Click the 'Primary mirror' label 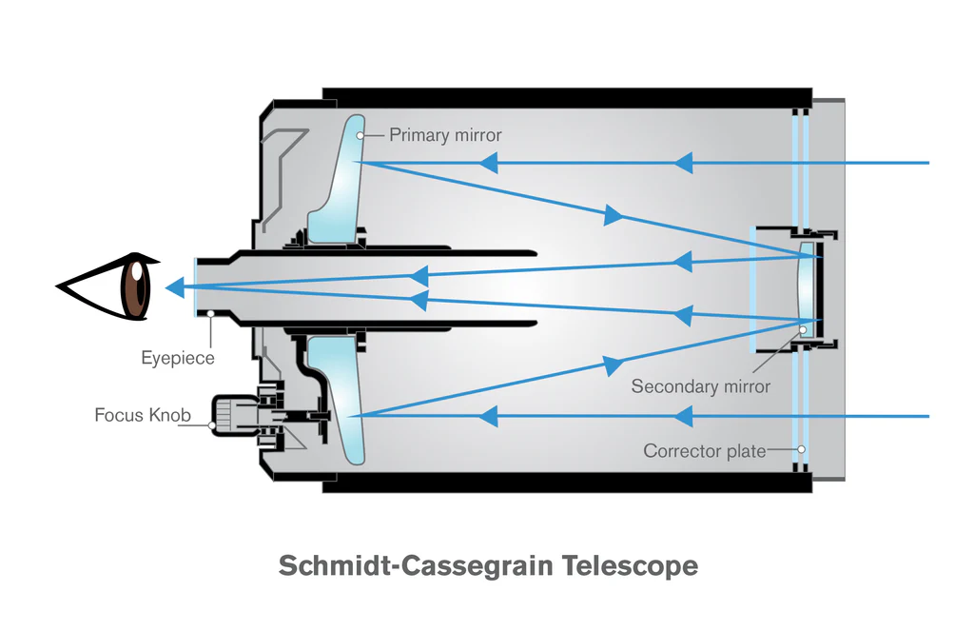[x=445, y=135]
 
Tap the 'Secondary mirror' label [x=701, y=386]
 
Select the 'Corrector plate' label [x=705, y=451]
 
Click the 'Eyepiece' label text [x=178, y=358]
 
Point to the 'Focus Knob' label [x=143, y=415]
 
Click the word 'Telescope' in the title [x=630, y=565]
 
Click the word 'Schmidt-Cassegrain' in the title [x=416, y=565]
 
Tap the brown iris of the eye [x=136, y=287]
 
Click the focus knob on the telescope [x=235, y=415]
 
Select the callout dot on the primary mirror [x=360, y=135]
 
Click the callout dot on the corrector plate [x=801, y=449]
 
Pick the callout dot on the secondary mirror [x=803, y=329]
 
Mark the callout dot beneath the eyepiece [x=211, y=314]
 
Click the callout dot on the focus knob [x=212, y=425]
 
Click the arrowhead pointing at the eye [x=175, y=287]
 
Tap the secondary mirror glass [x=806, y=289]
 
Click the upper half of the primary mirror [x=340, y=180]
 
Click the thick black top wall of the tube [x=567, y=98]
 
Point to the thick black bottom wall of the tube [x=567, y=483]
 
